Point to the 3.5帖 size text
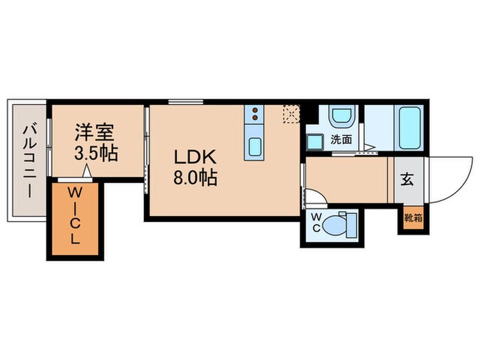[96, 152]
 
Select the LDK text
[195, 156]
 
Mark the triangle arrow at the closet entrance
[86, 174]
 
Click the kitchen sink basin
[254, 146]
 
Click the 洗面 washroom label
[341, 139]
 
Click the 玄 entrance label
[407, 180]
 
